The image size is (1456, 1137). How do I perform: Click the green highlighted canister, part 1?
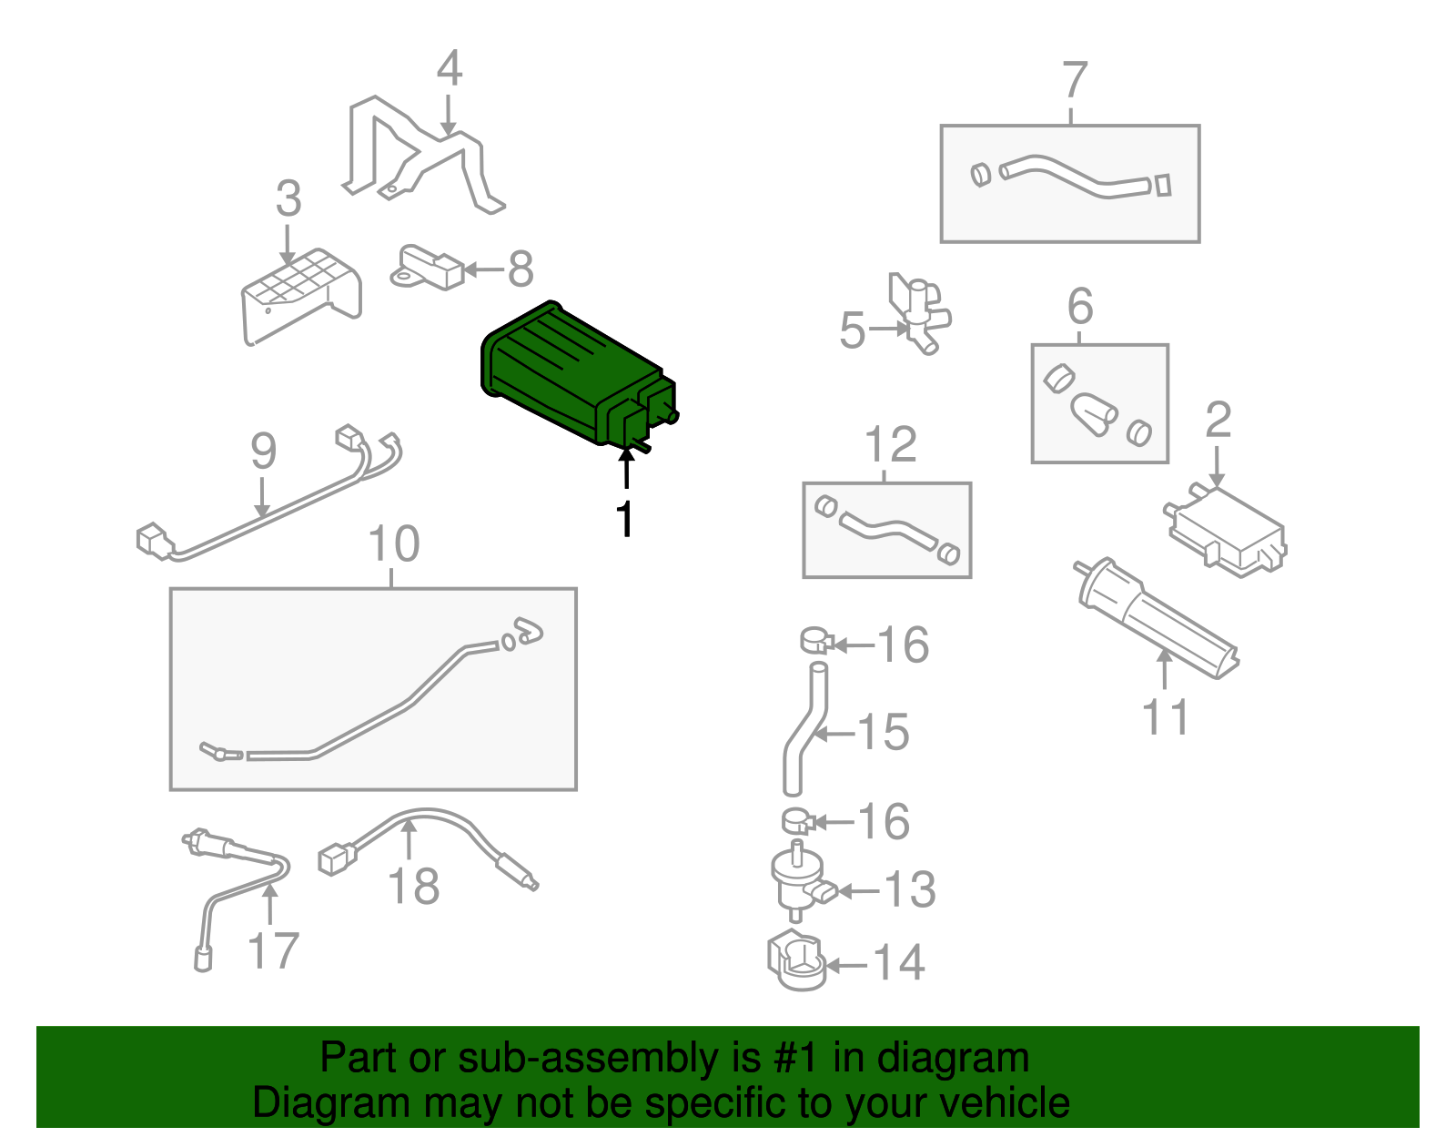576,375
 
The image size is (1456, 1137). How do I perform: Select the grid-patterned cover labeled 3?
301,296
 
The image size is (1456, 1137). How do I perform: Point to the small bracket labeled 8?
426,268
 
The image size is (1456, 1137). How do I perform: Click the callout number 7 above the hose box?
1074,80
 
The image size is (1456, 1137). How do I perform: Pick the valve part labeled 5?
918,311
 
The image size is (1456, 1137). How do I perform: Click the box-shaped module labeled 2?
1227,532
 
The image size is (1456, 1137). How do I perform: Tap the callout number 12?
890,443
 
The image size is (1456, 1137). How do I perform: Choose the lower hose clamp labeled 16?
797,820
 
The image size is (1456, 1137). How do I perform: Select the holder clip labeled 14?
796,959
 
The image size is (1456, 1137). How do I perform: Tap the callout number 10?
394,543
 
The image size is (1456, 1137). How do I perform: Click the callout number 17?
273,950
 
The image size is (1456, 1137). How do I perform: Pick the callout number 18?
413,886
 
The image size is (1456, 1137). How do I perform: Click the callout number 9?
263,451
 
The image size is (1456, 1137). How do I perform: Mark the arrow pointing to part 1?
626,468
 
